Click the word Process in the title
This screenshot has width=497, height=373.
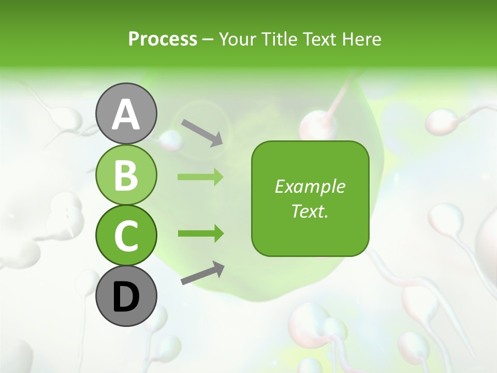(x=163, y=39)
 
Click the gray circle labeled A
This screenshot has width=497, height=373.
(x=126, y=114)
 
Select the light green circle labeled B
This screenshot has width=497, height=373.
(x=126, y=175)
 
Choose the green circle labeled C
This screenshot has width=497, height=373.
(x=126, y=235)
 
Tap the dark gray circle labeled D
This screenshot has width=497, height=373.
(x=126, y=296)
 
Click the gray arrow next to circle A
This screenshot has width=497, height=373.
(x=202, y=132)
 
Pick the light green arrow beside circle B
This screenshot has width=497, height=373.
(x=200, y=177)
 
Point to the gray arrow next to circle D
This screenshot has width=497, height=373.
(x=202, y=273)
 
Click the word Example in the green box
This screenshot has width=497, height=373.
(x=310, y=187)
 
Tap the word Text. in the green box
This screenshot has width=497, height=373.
(x=310, y=211)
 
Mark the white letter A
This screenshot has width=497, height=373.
(x=126, y=115)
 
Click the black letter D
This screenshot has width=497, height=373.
(x=126, y=297)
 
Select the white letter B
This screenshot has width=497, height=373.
(x=126, y=175)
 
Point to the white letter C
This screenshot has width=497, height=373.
(x=126, y=236)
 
